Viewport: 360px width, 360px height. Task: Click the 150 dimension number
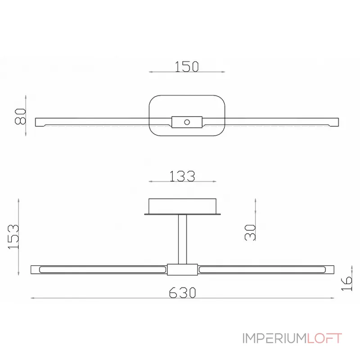pos(187,67)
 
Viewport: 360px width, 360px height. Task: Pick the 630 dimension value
pos(182,292)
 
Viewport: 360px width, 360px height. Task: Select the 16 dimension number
pos(347,283)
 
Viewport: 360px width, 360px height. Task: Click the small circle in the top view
pos(186,121)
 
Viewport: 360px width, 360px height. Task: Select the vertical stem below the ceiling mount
pos(182,238)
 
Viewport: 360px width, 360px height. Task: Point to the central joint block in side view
pos(182,270)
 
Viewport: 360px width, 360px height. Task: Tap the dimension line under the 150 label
pos(187,72)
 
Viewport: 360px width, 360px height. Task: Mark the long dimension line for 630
pos(182,298)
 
